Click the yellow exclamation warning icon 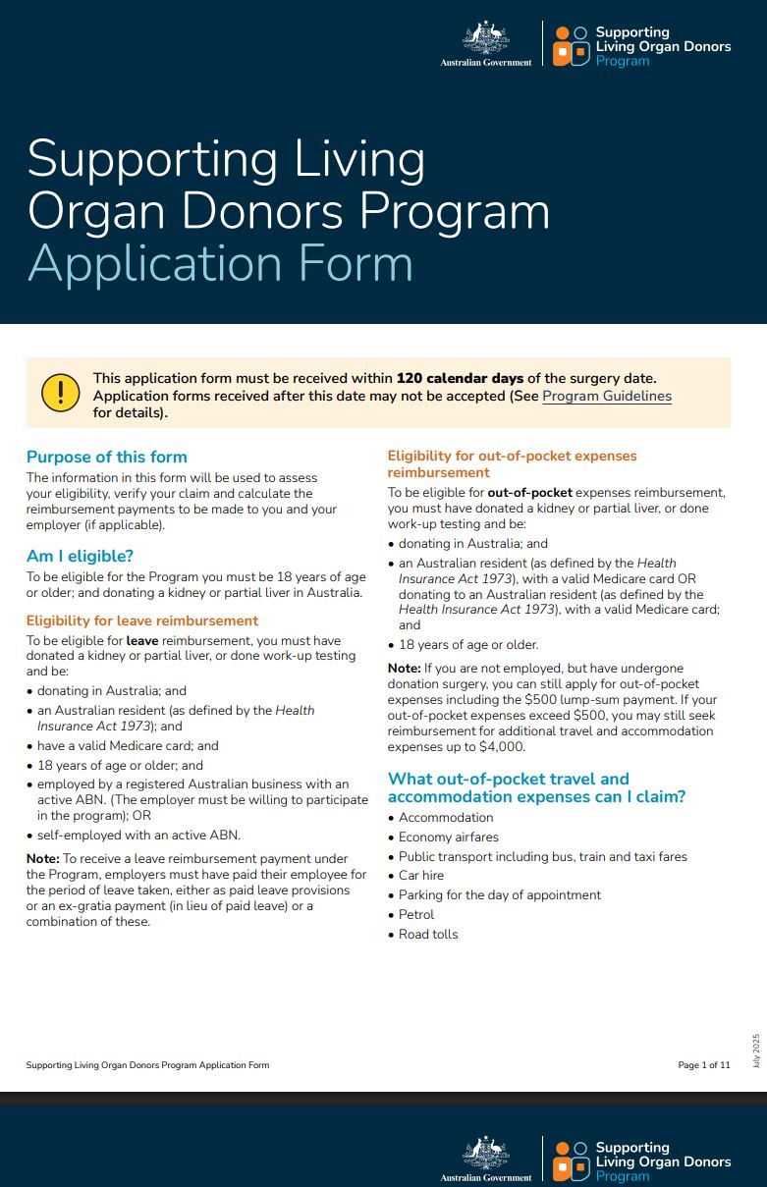(61, 393)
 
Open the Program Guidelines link (607, 396)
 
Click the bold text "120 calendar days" (460, 378)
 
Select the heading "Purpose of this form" (106, 457)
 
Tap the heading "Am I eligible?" (80, 557)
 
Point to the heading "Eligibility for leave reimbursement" (142, 620)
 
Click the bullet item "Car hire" (421, 875)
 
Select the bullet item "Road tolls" (428, 934)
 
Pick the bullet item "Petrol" (416, 914)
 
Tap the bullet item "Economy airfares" (449, 836)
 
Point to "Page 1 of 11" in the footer (704, 1065)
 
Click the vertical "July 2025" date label (756, 1050)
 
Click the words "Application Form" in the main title (220, 263)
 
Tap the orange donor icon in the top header (570, 46)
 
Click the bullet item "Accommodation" (446, 817)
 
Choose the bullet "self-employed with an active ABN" (138, 836)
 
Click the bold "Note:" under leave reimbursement (43, 859)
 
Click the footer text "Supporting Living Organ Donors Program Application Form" (147, 1065)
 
